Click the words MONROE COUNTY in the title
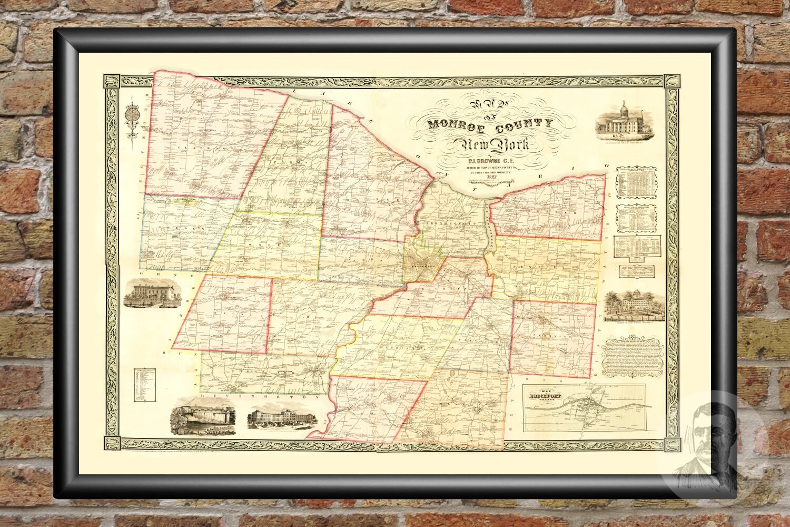tap(490, 124)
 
